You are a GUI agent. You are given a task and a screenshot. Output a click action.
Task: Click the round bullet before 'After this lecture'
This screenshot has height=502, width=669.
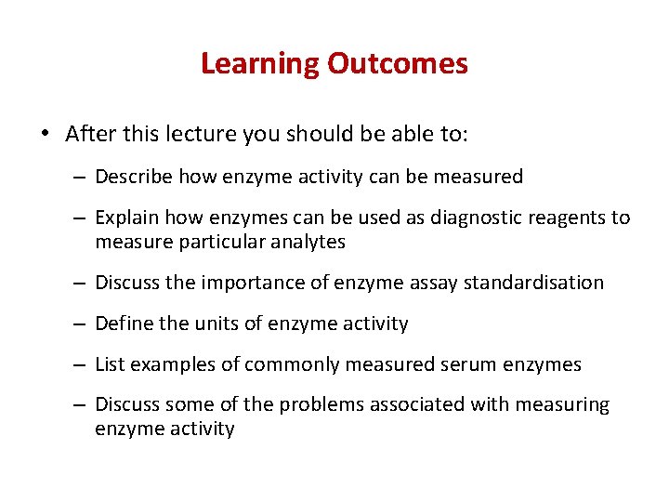point(46,134)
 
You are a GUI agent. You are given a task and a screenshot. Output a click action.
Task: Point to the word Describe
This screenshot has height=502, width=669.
point(134,177)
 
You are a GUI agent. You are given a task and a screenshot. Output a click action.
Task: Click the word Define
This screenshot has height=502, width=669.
point(124,324)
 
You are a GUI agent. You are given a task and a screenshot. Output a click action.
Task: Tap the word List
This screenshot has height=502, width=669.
point(111,365)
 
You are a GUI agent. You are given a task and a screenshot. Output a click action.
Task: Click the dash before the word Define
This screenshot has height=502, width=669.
point(81,324)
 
